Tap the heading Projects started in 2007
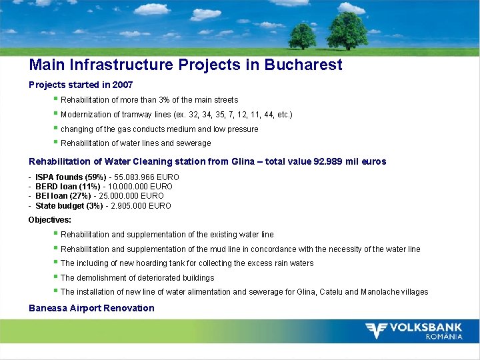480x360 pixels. click(81, 85)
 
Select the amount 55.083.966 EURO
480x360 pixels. click(147, 177)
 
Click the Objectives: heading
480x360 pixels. click(50, 220)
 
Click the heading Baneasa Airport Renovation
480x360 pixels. click(91, 308)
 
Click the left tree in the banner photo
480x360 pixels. click(303, 35)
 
